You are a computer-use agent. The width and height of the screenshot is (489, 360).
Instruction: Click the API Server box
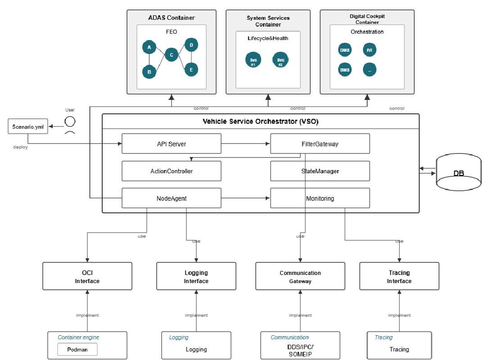coord(171,144)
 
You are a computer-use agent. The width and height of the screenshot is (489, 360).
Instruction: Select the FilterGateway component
coord(320,144)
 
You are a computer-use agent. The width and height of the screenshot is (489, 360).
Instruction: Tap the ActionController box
coord(171,171)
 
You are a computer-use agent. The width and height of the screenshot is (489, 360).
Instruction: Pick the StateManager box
coord(320,171)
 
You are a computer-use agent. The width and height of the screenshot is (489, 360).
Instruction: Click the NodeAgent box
coord(171,198)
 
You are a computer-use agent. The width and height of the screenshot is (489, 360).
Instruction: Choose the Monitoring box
coord(320,198)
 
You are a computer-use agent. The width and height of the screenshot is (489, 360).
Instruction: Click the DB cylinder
coord(458,173)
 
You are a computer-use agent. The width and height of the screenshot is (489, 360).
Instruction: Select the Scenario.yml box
coord(28,126)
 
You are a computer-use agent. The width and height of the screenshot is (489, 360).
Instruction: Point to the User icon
coord(69,125)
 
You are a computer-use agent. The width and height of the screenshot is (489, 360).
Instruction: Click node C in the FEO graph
coord(171,55)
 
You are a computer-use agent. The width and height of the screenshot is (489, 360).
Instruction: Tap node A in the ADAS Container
coord(149,47)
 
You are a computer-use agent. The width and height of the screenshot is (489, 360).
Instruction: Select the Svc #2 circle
coord(281,60)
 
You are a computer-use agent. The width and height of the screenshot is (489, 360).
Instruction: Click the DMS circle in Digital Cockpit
coord(345,50)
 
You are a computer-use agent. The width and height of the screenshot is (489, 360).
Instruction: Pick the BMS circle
coord(345,70)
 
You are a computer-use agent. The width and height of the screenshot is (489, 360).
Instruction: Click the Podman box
coord(77,349)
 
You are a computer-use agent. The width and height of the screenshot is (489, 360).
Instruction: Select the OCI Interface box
coord(87,276)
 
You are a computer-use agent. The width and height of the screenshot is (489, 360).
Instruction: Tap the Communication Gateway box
coord(300,276)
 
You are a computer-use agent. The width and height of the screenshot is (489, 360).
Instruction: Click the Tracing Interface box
coord(399,276)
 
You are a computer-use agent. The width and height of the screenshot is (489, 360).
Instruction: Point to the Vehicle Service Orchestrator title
coord(260,121)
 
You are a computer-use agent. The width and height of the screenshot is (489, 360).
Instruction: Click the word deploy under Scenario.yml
coord(20,147)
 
